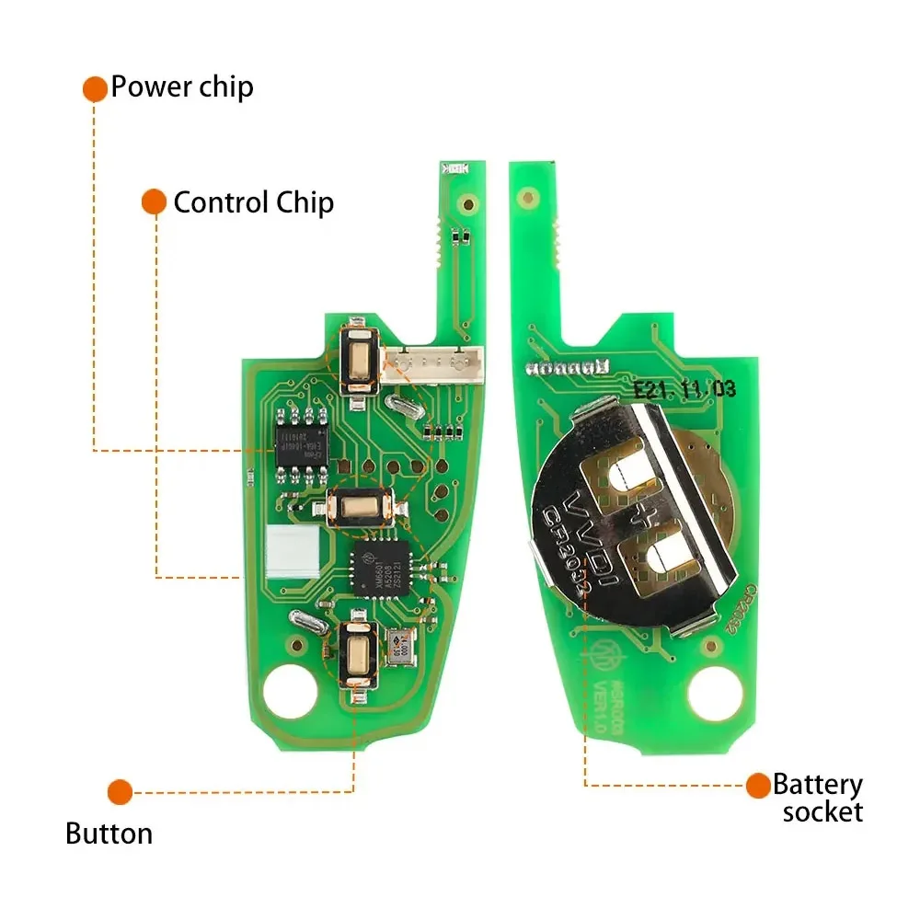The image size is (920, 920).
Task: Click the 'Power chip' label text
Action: point(181,87)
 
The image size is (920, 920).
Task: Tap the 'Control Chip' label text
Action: point(253,202)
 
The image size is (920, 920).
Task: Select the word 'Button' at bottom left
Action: point(109,834)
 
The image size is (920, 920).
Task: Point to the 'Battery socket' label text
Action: point(818,798)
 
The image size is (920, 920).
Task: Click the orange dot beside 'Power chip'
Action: point(95,88)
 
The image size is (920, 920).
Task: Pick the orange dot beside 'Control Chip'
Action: point(154,202)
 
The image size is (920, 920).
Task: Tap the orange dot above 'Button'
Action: point(120,791)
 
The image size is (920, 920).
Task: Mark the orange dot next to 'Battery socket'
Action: point(758,785)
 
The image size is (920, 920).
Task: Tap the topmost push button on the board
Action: point(357,359)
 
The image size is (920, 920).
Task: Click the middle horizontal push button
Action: point(362,507)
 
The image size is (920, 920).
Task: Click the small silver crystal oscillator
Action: point(399,647)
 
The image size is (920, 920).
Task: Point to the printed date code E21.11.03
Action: point(684,388)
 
